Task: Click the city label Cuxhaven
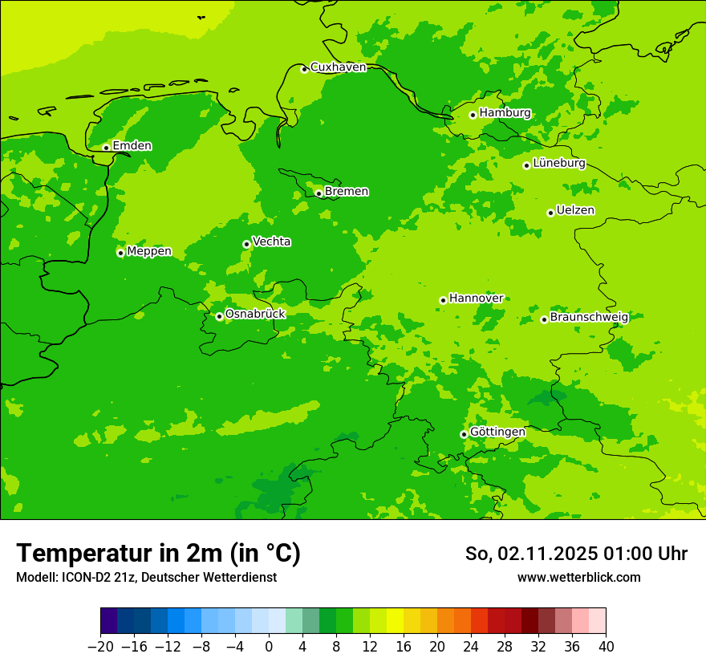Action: pos(338,67)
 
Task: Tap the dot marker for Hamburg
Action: pos(473,115)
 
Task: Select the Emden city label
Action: pos(132,146)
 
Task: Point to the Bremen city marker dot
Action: pos(319,193)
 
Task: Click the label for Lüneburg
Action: pos(559,163)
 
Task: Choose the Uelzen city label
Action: pos(575,210)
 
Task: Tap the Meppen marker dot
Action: pos(120,253)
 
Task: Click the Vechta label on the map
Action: pos(271,242)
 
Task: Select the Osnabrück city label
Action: pos(255,314)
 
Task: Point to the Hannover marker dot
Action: pos(443,300)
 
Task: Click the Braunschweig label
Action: pos(589,317)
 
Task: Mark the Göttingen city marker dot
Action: pos(464,434)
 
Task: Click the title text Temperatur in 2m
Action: pos(158,553)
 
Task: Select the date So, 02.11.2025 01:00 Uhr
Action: pos(576,554)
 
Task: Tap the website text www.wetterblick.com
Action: pos(578,577)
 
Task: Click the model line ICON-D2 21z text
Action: pos(146,577)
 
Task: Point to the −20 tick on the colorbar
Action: pos(100,646)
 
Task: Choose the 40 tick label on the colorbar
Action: pos(606,646)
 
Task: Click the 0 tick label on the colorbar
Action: pos(269,646)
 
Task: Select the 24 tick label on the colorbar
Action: pos(471,646)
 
